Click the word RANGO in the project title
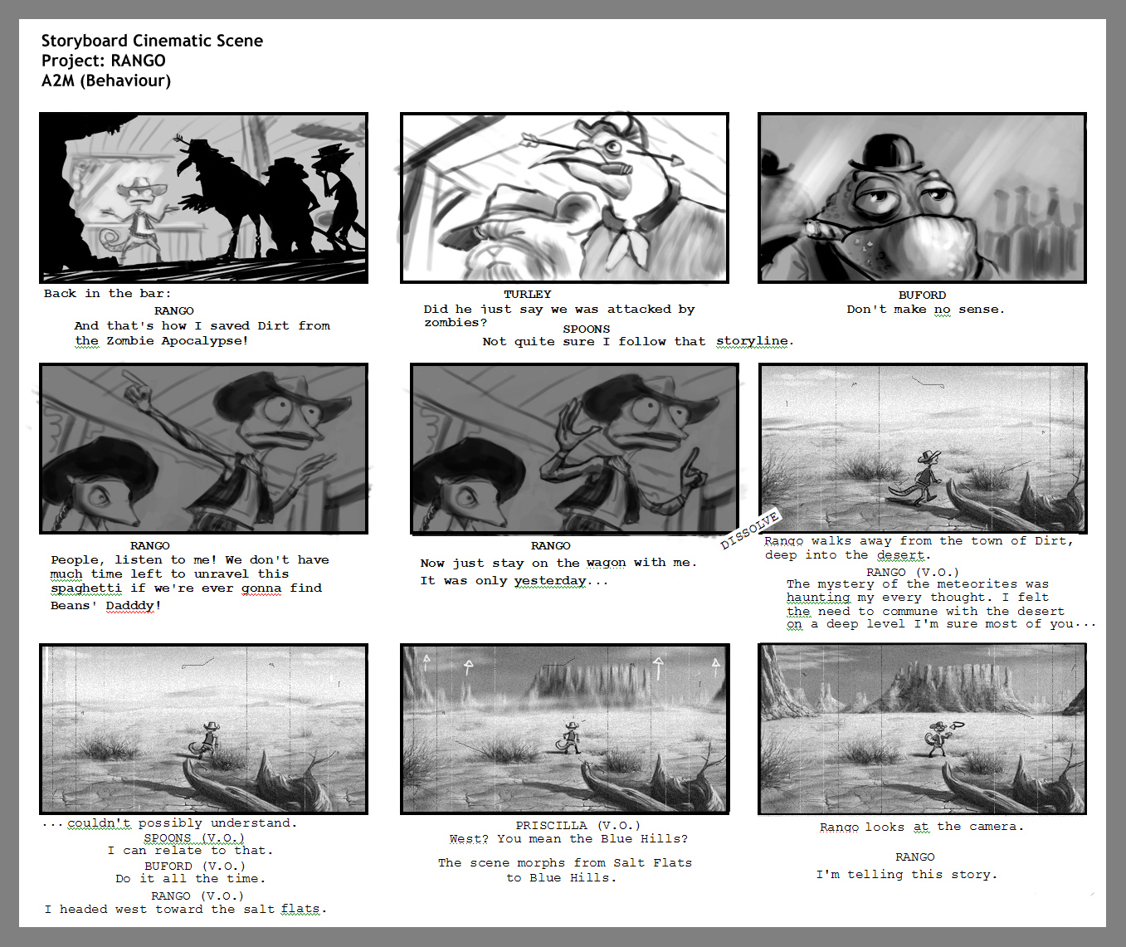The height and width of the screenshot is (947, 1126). pyautogui.click(x=138, y=61)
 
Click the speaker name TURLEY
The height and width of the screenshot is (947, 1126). pyautogui.click(x=528, y=294)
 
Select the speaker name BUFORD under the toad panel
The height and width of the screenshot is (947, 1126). pyautogui.click(x=922, y=295)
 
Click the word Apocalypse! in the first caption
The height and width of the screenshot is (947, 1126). pyautogui.click(x=204, y=341)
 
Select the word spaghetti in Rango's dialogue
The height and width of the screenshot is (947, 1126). pyautogui.click(x=86, y=588)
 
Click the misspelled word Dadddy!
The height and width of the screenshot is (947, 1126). pyautogui.click(x=134, y=605)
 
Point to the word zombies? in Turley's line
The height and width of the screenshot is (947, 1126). pyautogui.click(x=456, y=323)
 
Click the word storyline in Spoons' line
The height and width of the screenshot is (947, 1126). pyautogui.click(x=752, y=341)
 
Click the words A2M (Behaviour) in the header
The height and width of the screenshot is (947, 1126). pyautogui.click(x=106, y=81)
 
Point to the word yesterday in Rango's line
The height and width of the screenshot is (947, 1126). pyautogui.click(x=549, y=581)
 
